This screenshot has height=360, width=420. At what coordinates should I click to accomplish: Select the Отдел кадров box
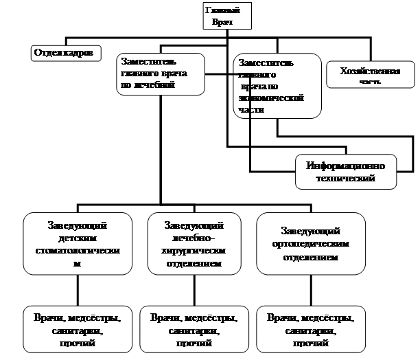[66, 52]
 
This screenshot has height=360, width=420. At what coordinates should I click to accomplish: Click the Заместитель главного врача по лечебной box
[161, 74]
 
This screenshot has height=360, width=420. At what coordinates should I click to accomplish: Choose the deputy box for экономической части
[277, 87]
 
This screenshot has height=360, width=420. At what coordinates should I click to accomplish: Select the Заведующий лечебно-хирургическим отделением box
[195, 244]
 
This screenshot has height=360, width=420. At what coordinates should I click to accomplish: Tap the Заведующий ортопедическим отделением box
[311, 244]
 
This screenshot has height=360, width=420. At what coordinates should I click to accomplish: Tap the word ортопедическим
[311, 244]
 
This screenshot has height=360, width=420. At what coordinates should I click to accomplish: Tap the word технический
[346, 178]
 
